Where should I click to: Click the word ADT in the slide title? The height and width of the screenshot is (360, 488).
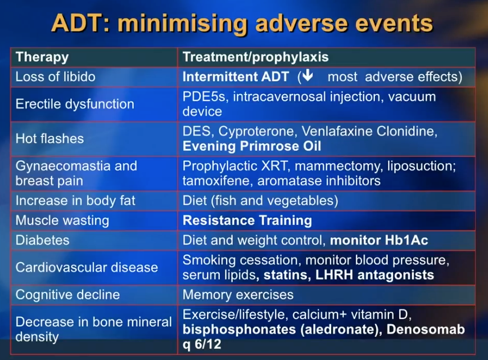coord(78,23)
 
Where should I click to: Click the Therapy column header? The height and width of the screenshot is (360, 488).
coord(42,57)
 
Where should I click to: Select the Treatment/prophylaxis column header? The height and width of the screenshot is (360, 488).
coord(256,57)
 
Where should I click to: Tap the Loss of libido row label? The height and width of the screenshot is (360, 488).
coord(56,76)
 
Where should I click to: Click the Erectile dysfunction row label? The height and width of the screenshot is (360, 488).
coord(75,104)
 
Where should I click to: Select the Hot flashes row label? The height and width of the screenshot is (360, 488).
coord(49,138)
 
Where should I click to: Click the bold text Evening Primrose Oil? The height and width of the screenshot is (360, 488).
coord(252,146)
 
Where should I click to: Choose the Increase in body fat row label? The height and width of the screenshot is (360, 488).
coord(75,201)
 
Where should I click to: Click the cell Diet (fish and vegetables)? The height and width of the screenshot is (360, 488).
coord(260,201)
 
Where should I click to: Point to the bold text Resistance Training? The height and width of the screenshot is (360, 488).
coord(247,220)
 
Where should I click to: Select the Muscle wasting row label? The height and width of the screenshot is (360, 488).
coord(62,220)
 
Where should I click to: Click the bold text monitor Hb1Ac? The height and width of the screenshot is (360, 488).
coord(379,240)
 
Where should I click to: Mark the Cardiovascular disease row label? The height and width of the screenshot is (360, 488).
coord(87,267)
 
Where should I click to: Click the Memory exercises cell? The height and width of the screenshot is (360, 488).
coord(238,295)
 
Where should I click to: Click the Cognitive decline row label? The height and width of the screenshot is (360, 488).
coord(67,295)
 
